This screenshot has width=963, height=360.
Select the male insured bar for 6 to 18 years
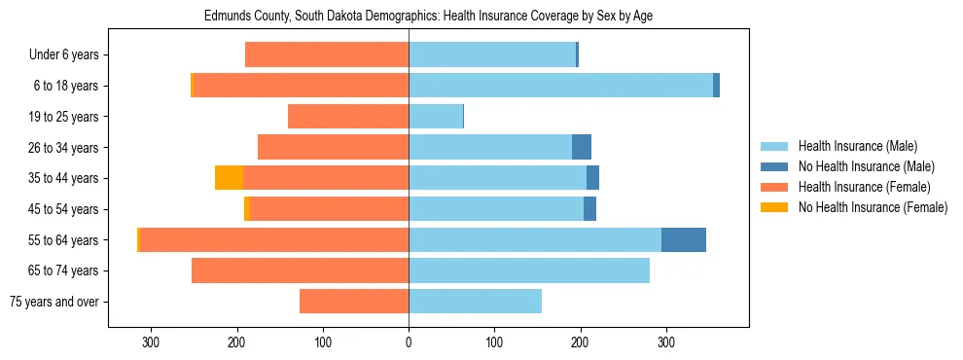(x=560, y=86)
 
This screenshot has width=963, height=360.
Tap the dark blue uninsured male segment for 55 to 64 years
(x=684, y=239)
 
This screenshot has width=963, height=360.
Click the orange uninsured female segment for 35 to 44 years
(x=229, y=178)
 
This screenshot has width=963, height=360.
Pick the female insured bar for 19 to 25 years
(x=348, y=117)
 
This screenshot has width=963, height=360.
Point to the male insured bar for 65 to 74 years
(x=529, y=270)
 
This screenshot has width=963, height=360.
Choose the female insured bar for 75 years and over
(x=354, y=302)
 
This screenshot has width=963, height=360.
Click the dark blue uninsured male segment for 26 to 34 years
(x=582, y=147)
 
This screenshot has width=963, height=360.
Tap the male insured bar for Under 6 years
(x=492, y=54)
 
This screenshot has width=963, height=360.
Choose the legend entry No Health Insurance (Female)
(x=871, y=207)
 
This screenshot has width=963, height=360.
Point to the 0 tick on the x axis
(x=409, y=342)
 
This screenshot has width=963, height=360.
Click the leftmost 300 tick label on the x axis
(x=151, y=342)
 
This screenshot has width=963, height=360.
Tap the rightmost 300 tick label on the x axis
(x=666, y=342)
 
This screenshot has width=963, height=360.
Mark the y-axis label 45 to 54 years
(x=63, y=209)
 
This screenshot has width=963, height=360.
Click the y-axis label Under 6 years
(x=63, y=55)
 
